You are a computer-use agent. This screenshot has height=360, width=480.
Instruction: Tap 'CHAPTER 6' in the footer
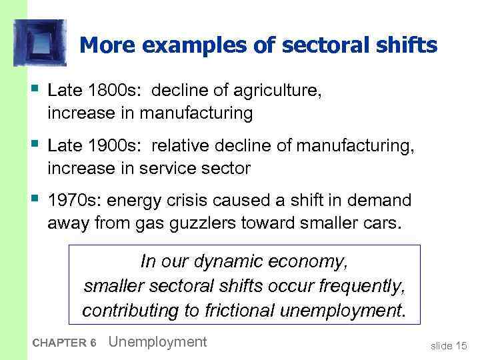[x=64, y=343]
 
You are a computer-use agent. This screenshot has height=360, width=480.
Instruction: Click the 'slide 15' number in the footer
[x=448, y=345]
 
